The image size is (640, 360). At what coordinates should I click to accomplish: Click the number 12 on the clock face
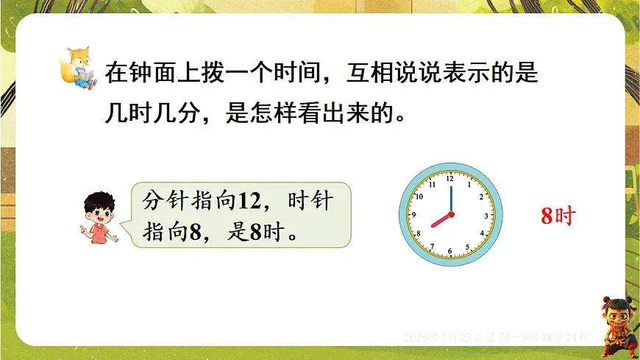click(x=450, y=178)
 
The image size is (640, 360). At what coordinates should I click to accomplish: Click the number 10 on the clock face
click(x=419, y=197)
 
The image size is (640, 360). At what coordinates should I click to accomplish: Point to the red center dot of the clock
click(x=450, y=215)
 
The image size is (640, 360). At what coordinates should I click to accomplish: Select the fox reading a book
click(x=78, y=67)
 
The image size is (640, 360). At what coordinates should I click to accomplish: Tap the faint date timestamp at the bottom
click(x=497, y=336)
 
